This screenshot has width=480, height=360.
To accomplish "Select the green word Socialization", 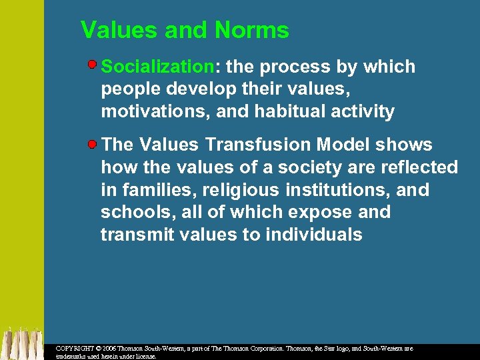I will pyautogui.click(x=157, y=67).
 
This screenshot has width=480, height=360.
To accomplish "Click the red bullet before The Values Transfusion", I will pyautogui.click(x=94, y=143).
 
